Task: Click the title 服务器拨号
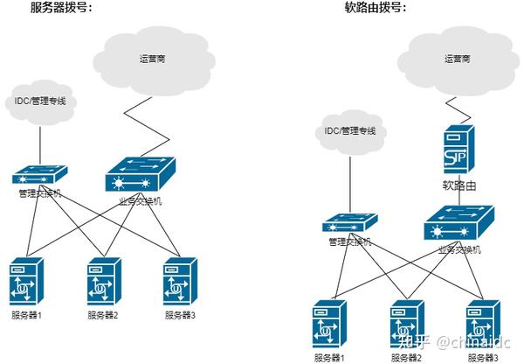tap(61, 8)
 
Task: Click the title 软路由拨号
tap(375, 8)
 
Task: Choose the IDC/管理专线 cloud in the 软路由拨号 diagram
tap(349, 130)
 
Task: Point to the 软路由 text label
tap(458, 185)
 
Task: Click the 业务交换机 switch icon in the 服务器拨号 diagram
tap(140, 172)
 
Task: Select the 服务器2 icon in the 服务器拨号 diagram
tap(103, 279)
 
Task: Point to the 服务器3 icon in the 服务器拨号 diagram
tap(179, 279)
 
